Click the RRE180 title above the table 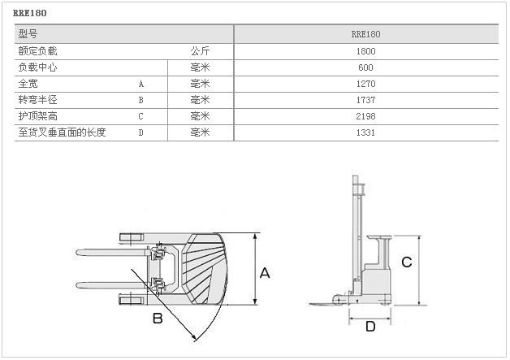tap(31, 13)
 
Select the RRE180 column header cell tap(365, 34)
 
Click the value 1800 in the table tap(365, 51)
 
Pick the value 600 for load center tap(365, 67)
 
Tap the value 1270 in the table tap(365, 84)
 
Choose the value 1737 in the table tap(365, 100)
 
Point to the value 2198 tap(365, 116)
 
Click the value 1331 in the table tap(365, 132)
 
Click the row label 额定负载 tap(37, 51)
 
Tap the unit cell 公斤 tap(200, 51)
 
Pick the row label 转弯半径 tap(37, 100)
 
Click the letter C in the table tap(140, 116)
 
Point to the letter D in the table tap(140, 132)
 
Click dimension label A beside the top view tap(264, 274)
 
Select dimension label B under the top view tap(158, 319)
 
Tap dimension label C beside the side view tap(407, 262)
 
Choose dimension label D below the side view tap(370, 327)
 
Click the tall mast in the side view tap(355, 236)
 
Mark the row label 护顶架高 tap(37, 116)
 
